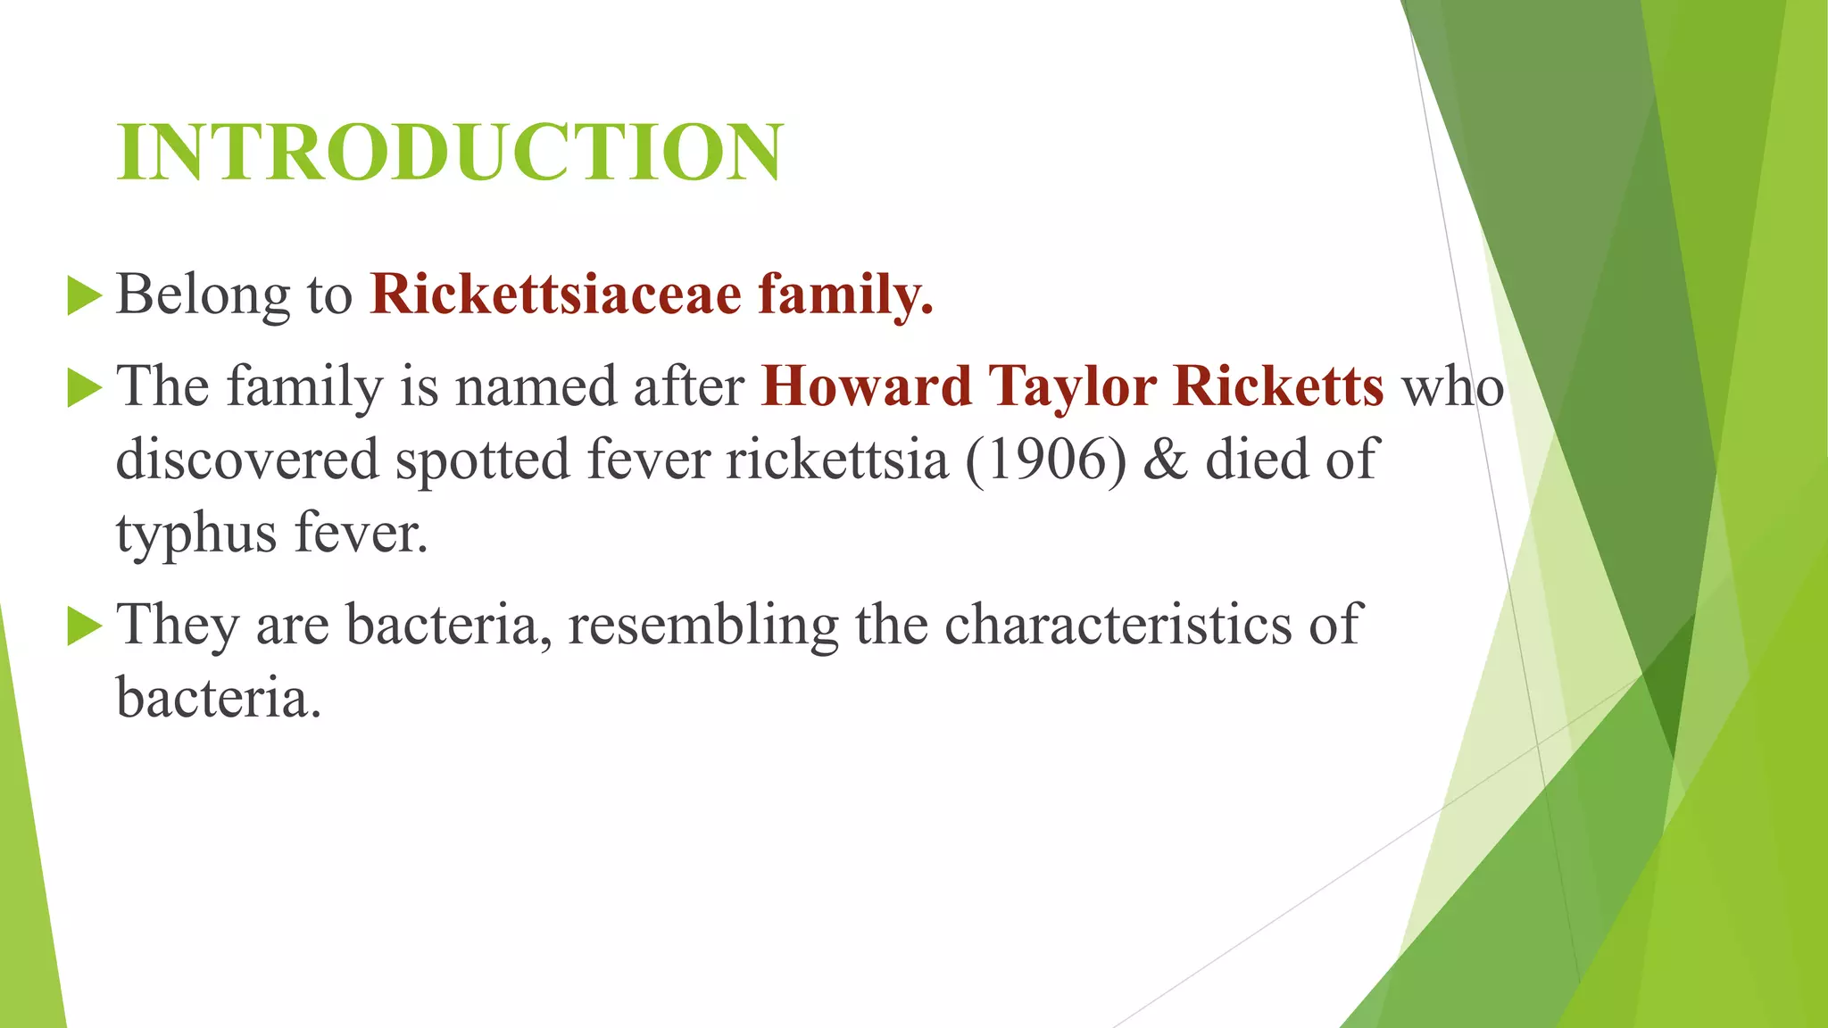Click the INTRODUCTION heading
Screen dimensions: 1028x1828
click(450, 152)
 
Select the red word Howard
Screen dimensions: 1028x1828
click(866, 386)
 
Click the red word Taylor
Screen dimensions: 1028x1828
click(1072, 386)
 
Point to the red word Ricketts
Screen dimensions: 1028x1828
click(1278, 386)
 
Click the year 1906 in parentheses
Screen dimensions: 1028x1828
click(1046, 460)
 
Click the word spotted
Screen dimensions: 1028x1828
click(482, 460)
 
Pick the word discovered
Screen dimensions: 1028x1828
click(247, 460)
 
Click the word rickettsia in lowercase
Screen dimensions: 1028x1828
click(836, 460)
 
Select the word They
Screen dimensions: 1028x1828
click(178, 624)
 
